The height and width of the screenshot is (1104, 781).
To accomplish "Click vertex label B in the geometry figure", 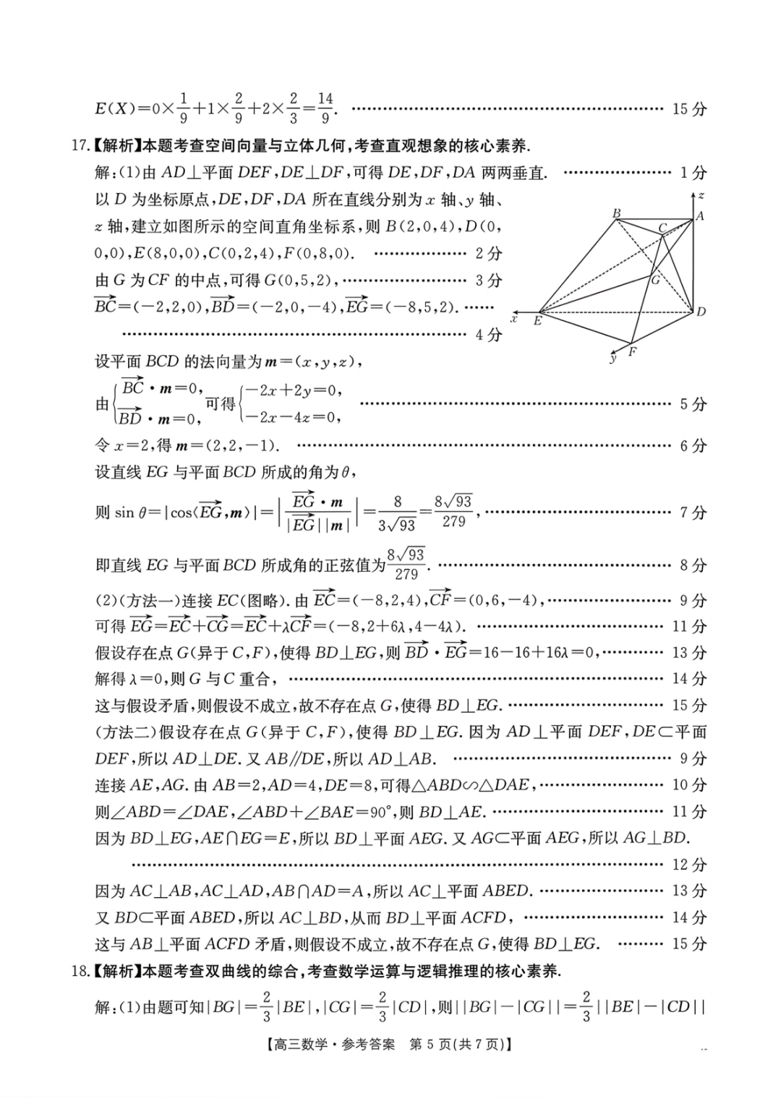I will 617,213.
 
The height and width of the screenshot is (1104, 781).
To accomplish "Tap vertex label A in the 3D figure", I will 699,215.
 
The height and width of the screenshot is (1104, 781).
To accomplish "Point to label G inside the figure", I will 655,280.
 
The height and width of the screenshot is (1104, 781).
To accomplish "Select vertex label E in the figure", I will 537,320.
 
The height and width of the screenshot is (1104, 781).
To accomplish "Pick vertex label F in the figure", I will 632,352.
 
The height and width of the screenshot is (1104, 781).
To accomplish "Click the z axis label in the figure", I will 701,195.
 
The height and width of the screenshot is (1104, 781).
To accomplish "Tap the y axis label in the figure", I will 613,358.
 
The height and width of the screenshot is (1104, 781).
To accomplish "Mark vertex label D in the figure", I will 701,312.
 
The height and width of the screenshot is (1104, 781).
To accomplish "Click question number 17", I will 80,146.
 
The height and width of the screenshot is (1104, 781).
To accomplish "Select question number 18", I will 80,971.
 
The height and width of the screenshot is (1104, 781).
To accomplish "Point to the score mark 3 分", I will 489,280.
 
